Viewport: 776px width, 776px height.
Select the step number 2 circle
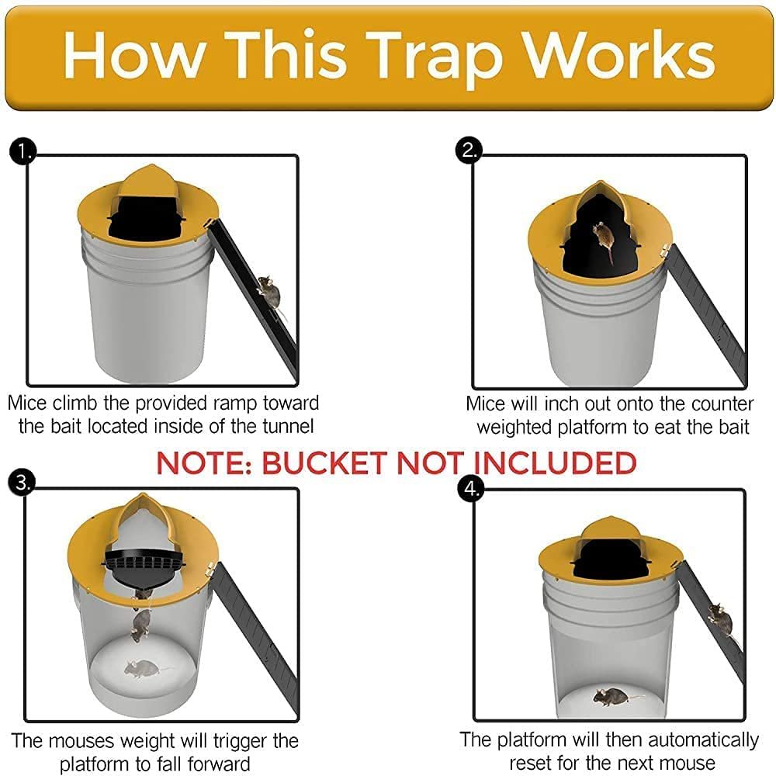pyautogui.click(x=469, y=150)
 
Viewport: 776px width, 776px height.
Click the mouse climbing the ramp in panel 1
pyautogui.click(x=267, y=292)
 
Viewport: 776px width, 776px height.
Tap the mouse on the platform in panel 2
pyautogui.click(x=602, y=239)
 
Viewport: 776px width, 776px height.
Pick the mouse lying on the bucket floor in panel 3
pyautogui.click(x=141, y=667)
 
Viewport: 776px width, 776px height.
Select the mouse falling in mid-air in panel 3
pyautogui.click(x=140, y=623)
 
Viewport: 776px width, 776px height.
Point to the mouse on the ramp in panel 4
pyautogui.click(x=719, y=619)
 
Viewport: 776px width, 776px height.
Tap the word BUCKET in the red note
pyautogui.click(x=326, y=462)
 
